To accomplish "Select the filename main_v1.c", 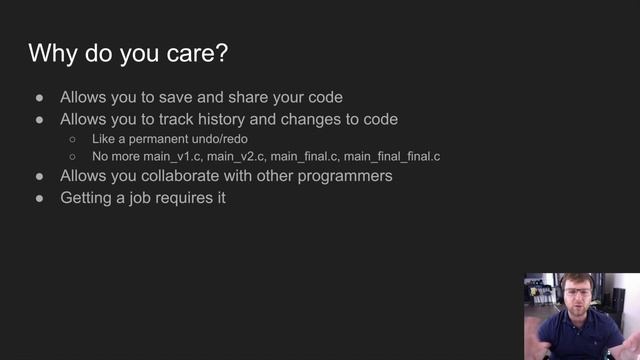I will point(172,157).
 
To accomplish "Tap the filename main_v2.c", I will point(236,157).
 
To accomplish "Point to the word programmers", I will point(343,176).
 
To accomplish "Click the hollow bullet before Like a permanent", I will point(72,139).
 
